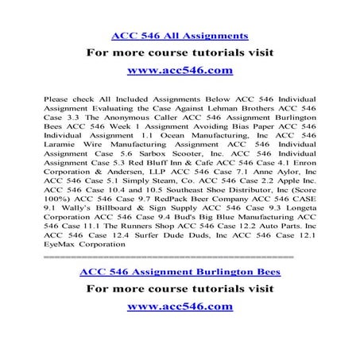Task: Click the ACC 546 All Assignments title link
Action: click(x=180, y=36)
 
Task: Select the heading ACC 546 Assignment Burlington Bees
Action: click(x=180, y=273)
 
